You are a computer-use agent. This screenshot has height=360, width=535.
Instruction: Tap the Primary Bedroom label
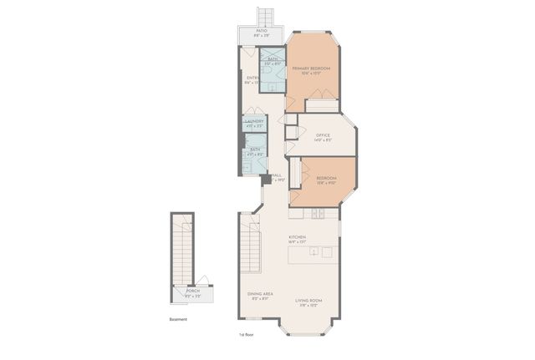[x=311, y=69]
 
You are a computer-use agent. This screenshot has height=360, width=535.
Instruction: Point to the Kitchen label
[x=298, y=239]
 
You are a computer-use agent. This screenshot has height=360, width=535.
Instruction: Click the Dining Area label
[x=259, y=296]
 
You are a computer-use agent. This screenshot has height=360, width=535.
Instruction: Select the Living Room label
[x=309, y=302]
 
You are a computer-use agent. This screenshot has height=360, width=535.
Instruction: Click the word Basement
[x=177, y=319]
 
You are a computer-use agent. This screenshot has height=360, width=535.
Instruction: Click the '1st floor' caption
[x=246, y=335]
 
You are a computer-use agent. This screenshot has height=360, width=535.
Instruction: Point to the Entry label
[x=251, y=80]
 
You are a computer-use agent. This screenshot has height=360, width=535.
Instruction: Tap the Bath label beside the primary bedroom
[x=273, y=61]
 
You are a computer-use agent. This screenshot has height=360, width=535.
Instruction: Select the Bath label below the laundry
[x=254, y=151]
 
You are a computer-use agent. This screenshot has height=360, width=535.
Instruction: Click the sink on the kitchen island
[x=326, y=252]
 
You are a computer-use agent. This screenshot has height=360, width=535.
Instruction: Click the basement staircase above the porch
[x=182, y=246]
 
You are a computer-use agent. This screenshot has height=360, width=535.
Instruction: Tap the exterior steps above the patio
[x=266, y=16]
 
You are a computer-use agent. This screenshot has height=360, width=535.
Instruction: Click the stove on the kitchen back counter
[x=318, y=215]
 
